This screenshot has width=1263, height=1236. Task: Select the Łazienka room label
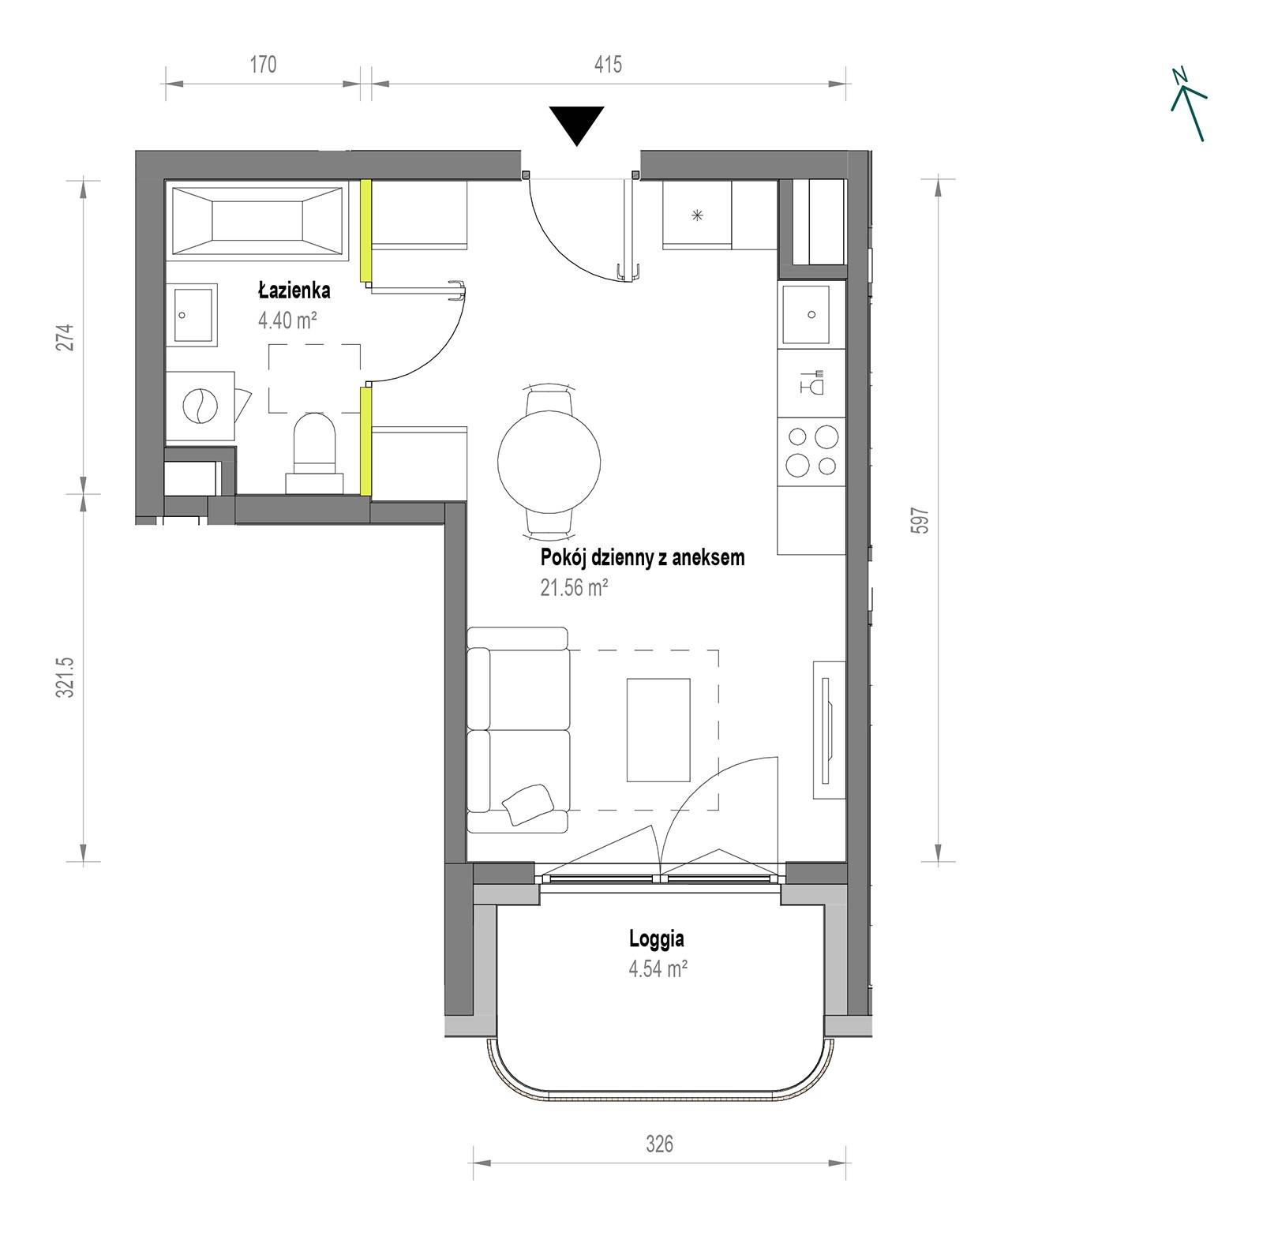294,290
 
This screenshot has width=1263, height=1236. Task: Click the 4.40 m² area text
287,320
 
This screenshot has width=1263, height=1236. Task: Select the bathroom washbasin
193,315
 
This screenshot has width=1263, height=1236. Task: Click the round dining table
549,459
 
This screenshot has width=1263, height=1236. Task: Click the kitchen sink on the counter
807,315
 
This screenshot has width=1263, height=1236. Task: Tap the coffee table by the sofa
658,729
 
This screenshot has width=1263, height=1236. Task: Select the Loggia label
657,938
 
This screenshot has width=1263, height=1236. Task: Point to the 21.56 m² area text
574,587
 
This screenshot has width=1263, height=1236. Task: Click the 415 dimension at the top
608,64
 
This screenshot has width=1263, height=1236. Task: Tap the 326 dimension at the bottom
659,1144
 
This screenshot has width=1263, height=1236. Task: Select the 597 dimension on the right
920,520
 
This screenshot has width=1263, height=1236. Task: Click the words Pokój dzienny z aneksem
643,557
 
